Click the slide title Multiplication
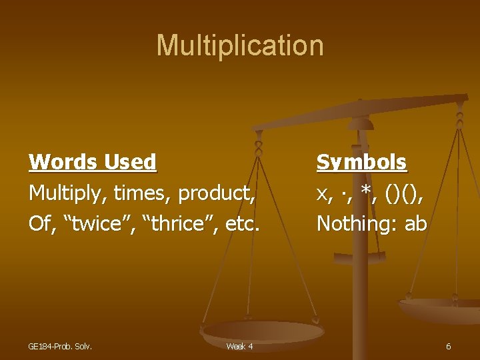tap(240, 45)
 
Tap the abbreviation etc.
tap(241, 223)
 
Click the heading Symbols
tap(361, 162)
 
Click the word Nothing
tap(355, 223)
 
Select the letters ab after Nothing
tap(415, 223)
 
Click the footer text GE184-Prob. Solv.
tap(60, 346)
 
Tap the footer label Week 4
tap(239, 346)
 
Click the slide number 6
tap(448, 346)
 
